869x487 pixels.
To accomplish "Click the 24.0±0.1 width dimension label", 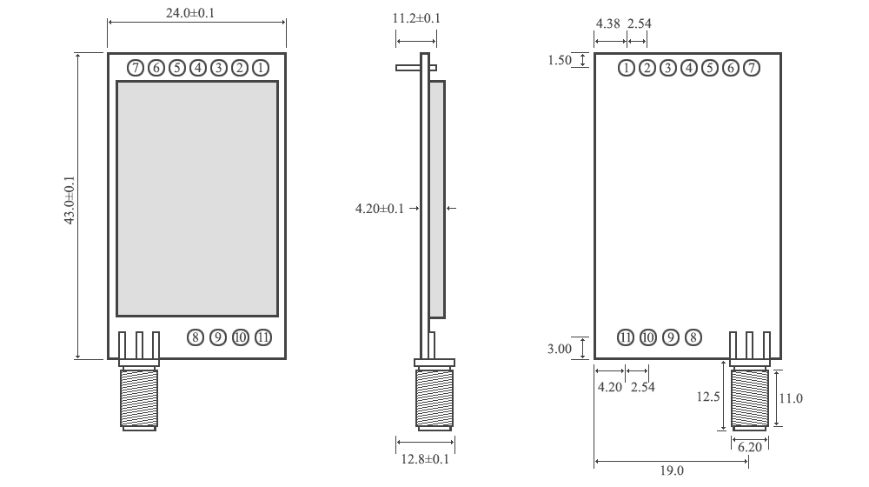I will [196, 12].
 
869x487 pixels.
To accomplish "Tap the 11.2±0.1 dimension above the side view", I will [416, 18].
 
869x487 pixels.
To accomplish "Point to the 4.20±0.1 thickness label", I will [380, 209].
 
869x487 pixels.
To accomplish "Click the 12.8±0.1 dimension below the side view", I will [423, 459].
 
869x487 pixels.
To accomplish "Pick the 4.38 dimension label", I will [607, 23].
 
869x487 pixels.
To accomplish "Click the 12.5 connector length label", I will [707, 397].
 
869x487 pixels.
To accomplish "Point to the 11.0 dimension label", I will [791, 398].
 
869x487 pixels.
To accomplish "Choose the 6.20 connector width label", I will [749, 446].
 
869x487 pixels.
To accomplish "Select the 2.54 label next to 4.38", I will [639, 23].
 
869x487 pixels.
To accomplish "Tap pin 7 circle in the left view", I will [136, 67].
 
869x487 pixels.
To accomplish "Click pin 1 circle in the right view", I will [627, 68].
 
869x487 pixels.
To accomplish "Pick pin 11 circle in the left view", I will [263, 337].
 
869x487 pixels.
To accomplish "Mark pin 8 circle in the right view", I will [693, 337].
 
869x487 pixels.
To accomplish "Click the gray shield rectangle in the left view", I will [197, 198].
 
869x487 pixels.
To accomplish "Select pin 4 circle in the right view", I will [689, 68].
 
